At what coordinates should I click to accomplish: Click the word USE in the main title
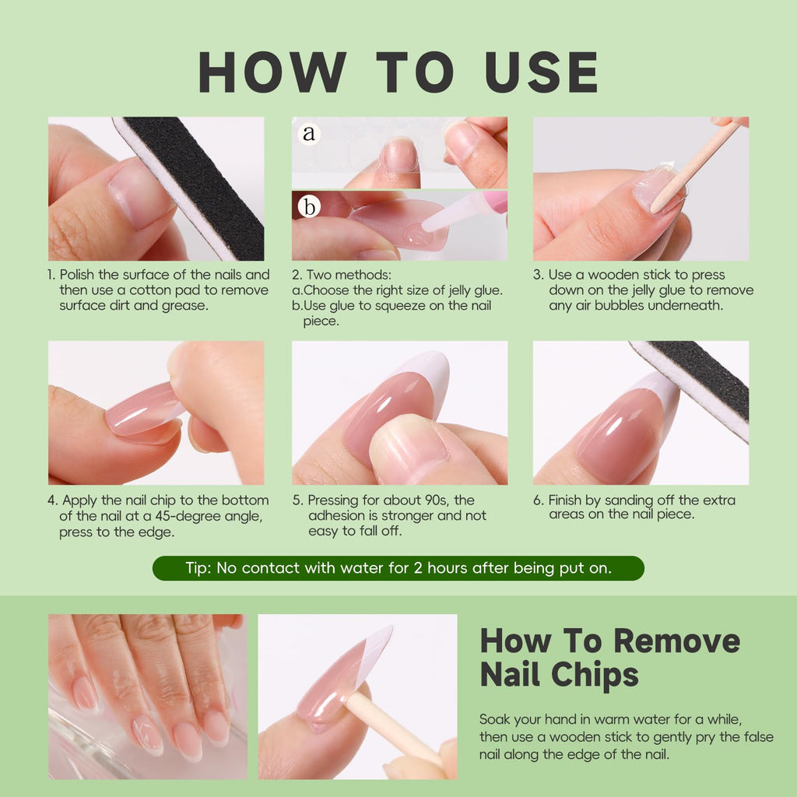542,72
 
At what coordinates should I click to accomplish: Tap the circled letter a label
308,133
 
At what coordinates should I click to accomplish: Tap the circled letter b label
309,206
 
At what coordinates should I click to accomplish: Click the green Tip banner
398,567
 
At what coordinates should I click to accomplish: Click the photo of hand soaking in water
148,697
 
